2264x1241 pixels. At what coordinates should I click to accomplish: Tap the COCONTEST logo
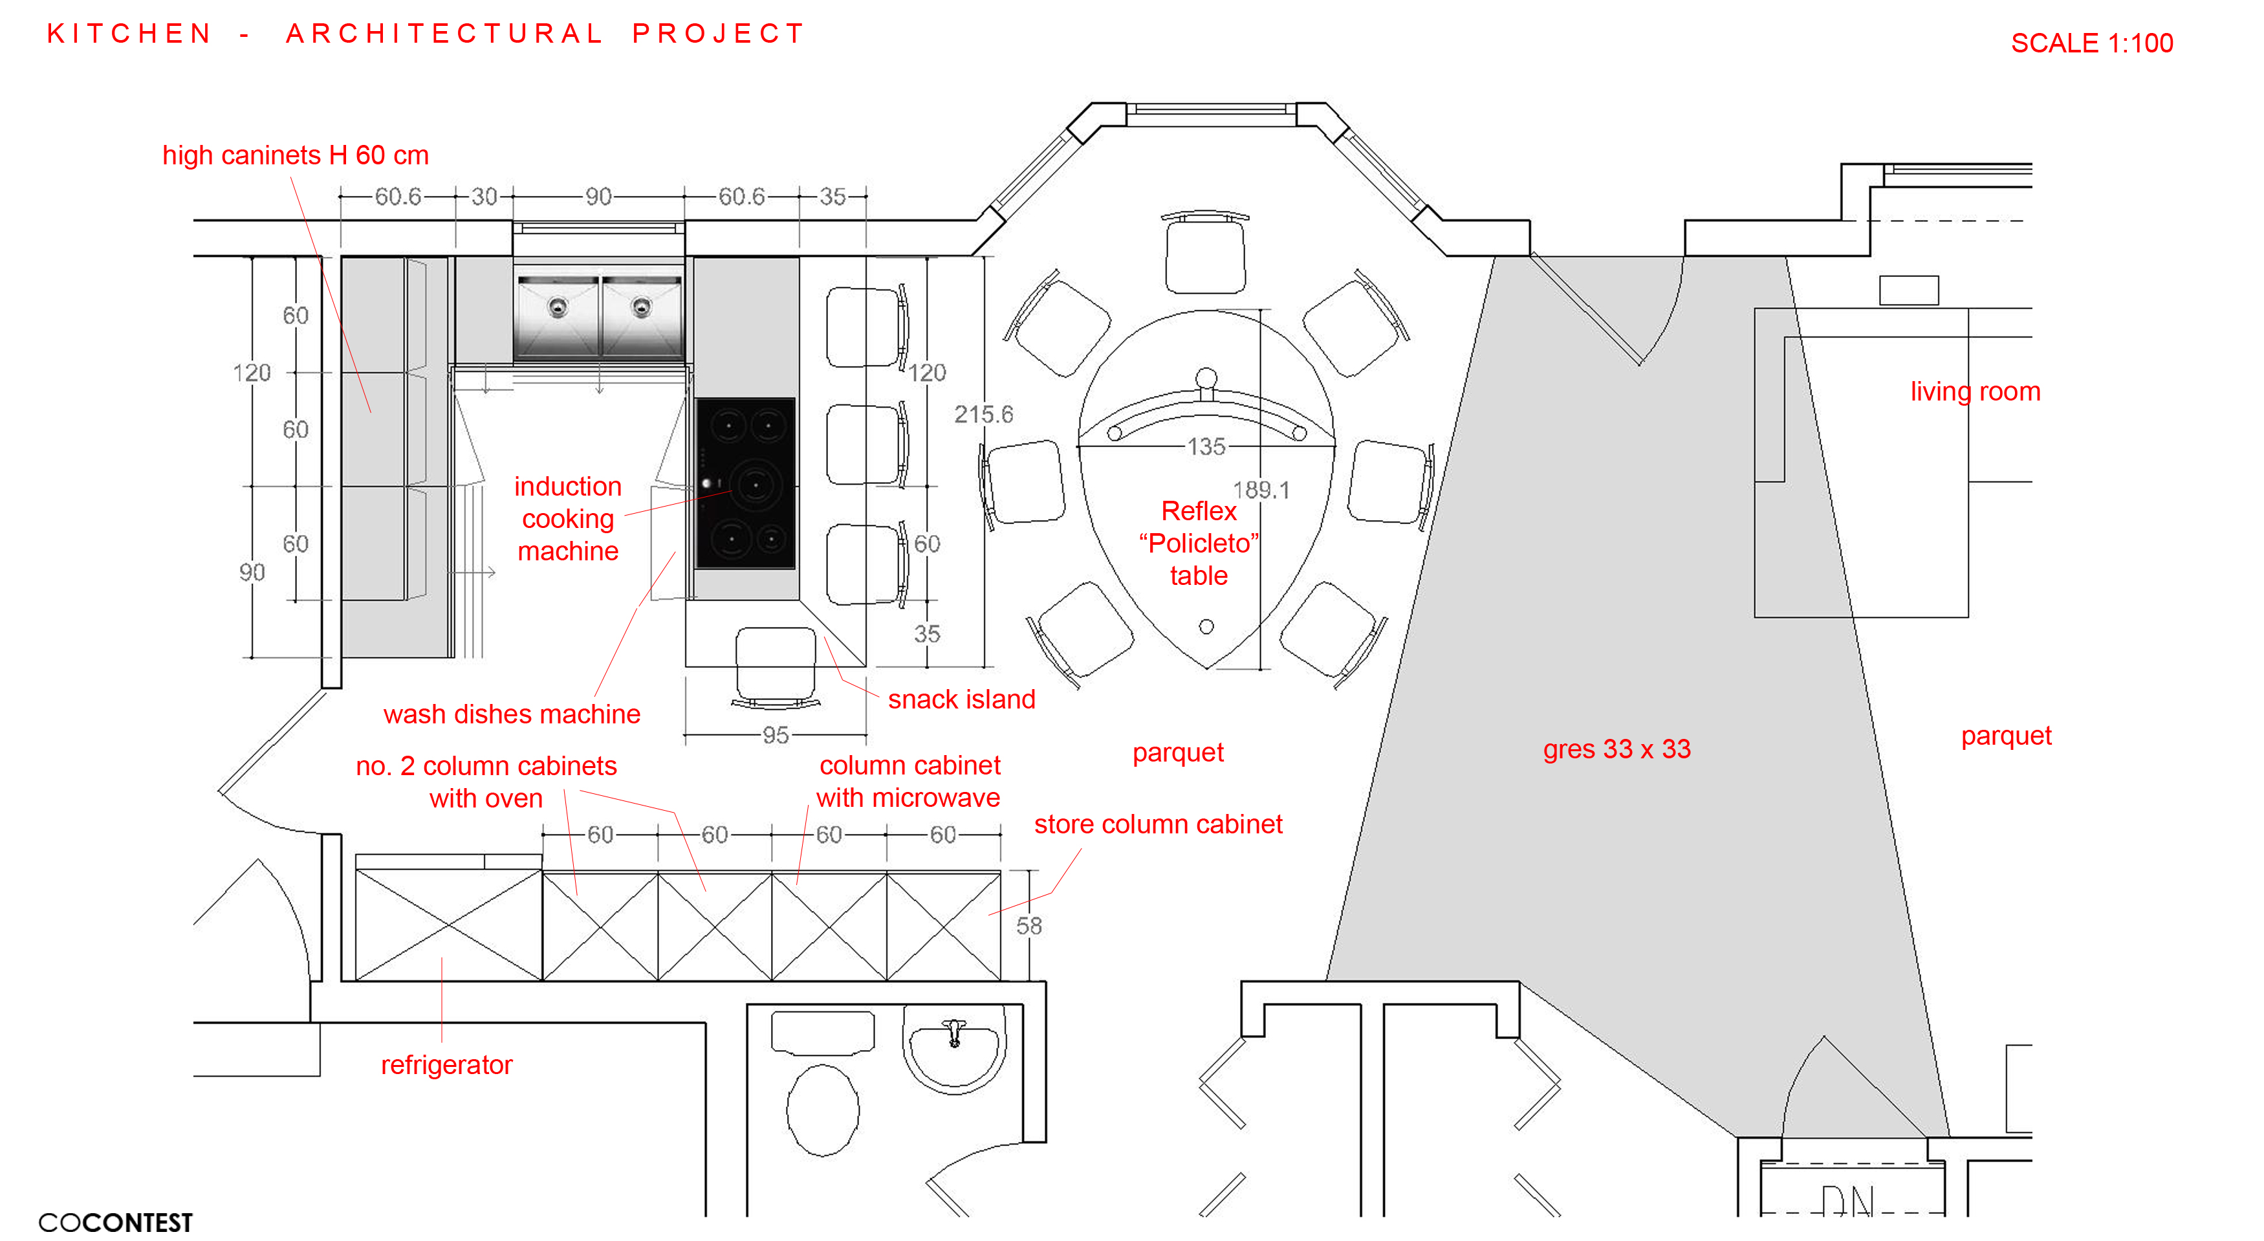(115, 1222)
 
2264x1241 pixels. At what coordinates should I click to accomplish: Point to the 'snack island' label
(961, 699)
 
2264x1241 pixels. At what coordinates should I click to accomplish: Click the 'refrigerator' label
(446, 1064)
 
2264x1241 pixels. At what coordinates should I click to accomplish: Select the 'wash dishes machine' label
(512, 714)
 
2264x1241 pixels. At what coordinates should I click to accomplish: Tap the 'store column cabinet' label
(1157, 824)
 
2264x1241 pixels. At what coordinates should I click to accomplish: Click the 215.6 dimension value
(983, 414)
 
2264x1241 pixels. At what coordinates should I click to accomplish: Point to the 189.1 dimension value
(1260, 490)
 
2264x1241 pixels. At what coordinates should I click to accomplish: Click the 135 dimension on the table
(1206, 446)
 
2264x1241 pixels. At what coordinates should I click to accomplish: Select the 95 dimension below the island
(775, 735)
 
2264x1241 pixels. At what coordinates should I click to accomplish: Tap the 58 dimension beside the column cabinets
(1029, 925)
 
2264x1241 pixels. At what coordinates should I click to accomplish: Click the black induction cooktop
(745, 483)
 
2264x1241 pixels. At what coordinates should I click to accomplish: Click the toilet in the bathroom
(823, 1109)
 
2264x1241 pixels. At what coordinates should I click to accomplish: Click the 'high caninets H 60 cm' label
(296, 155)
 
